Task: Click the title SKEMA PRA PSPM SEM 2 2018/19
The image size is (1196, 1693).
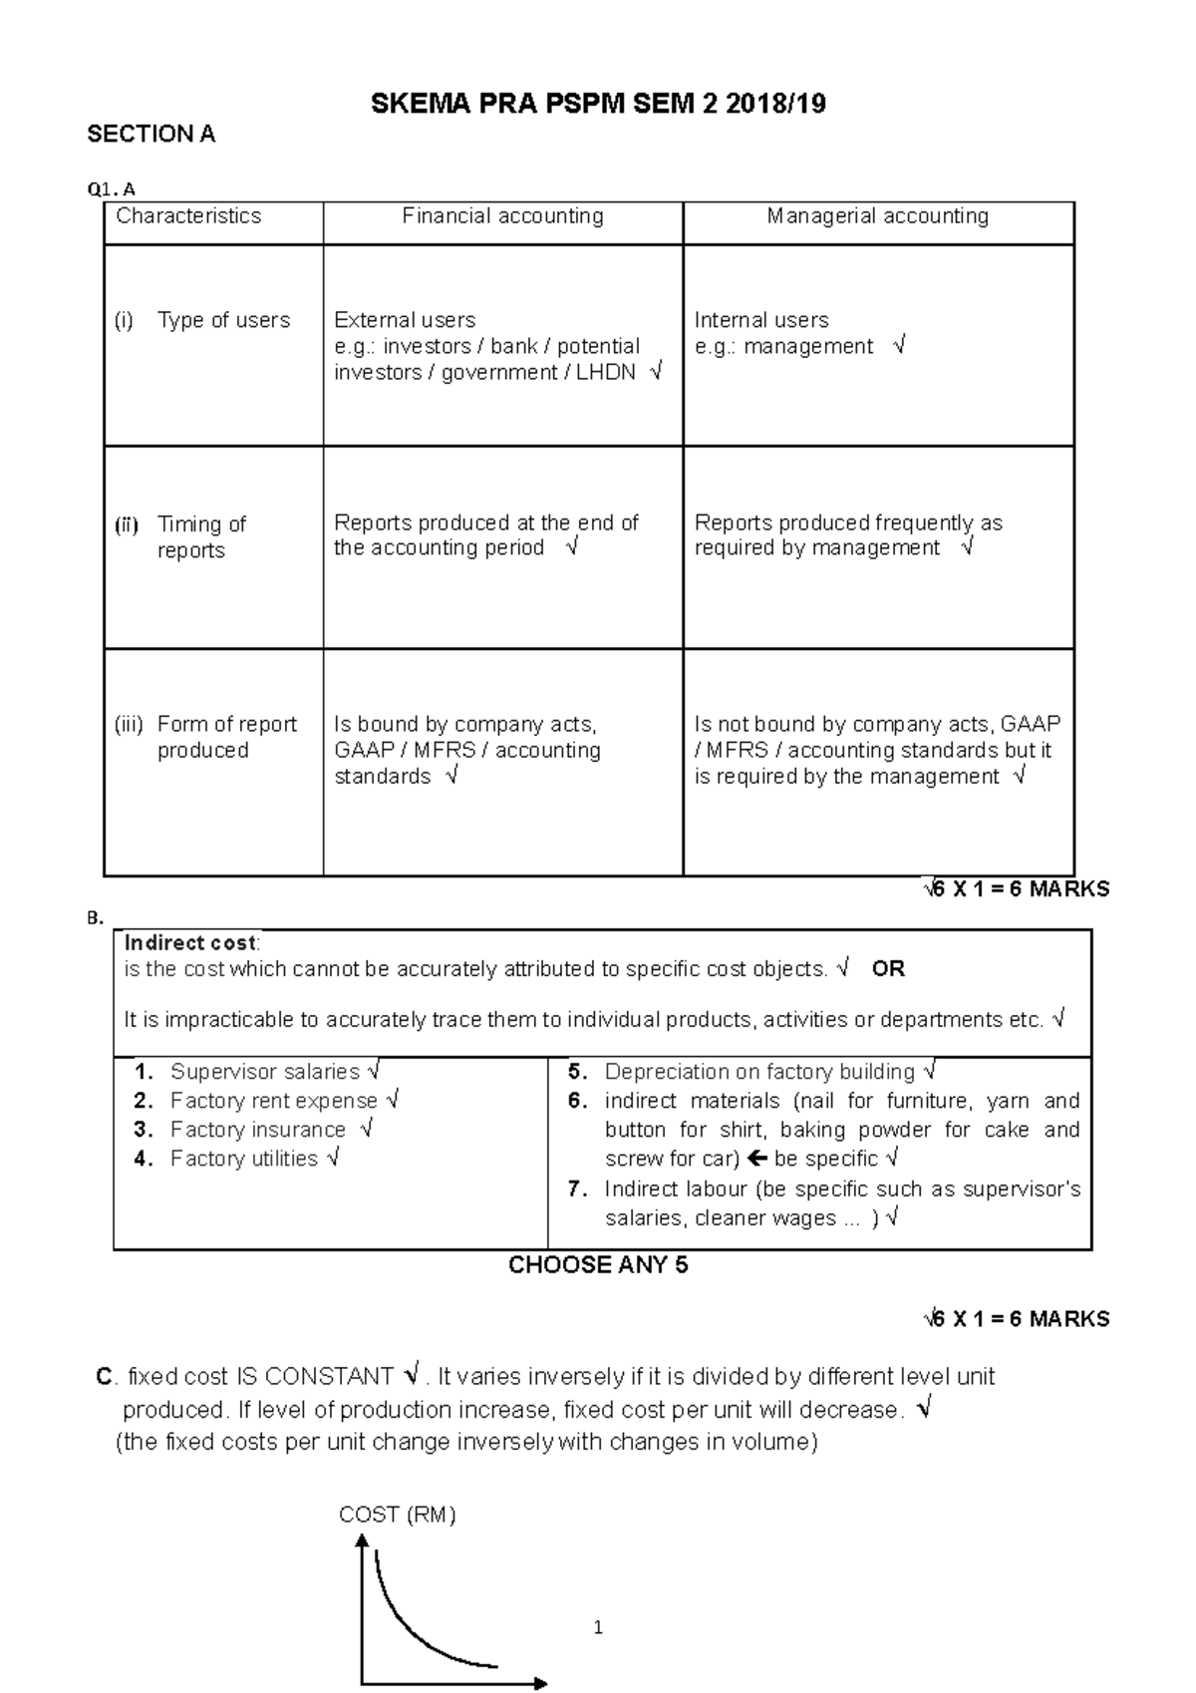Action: [x=598, y=104]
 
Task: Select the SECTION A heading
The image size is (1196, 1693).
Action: [x=151, y=135]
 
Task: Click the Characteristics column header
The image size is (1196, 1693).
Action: [x=188, y=216]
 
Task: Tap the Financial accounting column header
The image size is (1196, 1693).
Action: [x=502, y=216]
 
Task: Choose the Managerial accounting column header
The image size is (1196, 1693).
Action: [x=877, y=216]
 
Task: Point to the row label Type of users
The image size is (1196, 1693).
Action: [x=223, y=320]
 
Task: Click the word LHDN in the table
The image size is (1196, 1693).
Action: [x=606, y=373]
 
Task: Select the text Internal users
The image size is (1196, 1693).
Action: [x=761, y=320]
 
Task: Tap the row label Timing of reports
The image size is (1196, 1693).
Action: [x=200, y=536]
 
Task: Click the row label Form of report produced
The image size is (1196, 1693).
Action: [x=226, y=737]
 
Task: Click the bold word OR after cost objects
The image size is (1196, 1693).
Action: [x=888, y=969]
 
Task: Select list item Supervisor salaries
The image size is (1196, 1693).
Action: [x=264, y=1072]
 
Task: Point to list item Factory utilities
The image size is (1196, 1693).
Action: [x=243, y=1159]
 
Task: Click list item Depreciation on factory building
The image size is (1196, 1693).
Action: [x=758, y=1072]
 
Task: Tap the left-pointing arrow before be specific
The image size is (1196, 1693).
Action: [x=755, y=1159]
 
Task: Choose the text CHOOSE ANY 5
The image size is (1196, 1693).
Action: [x=598, y=1265]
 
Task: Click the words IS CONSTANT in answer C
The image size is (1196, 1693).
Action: [x=315, y=1377]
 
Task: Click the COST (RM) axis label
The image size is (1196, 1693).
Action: [x=397, y=1515]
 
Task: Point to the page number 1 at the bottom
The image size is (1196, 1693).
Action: [x=598, y=1628]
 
